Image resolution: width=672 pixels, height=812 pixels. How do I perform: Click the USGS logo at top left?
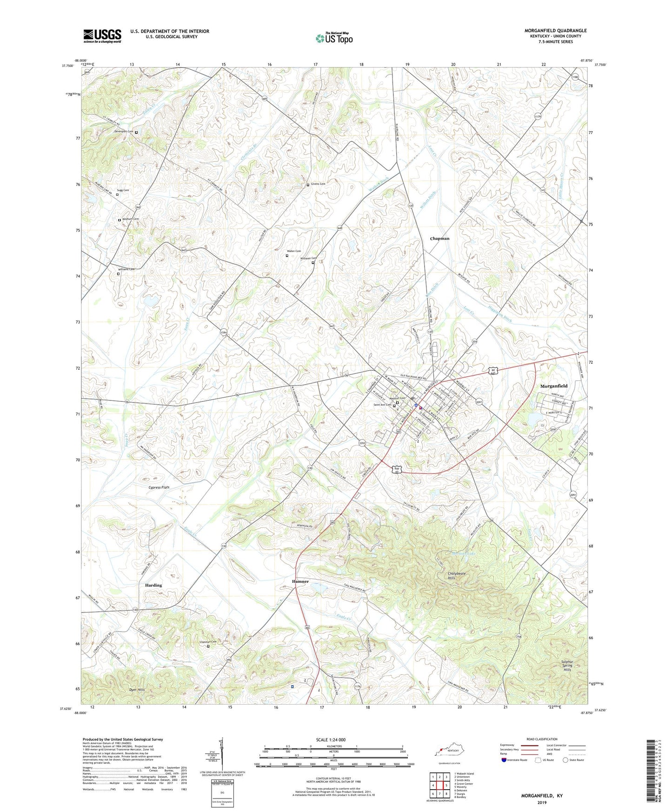pyautogui.click(x=102, y=35)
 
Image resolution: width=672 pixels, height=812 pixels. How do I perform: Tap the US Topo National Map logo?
pyautogui.click(x=334, y=38)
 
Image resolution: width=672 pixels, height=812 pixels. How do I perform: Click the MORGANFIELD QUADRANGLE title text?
pyautogui.click(x=555, y=31)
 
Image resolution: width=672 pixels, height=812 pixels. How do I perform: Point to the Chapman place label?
pyautogui.click(x=439, y=239)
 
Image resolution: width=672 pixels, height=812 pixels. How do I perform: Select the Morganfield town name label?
pyautogui.click(x=553, y=386)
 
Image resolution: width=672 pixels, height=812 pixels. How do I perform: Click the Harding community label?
pyautogui.click(x=153, y=585)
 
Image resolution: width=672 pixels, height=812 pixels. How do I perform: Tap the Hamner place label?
pyautogui.click(x=300, y=581)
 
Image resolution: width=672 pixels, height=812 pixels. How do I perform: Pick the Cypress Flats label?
pyautogui.click(x=159, y=487)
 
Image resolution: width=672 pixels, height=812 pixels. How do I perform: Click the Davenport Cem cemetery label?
pyautogui.click(x=124, y=132)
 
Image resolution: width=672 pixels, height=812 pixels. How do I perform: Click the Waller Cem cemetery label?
pyautogui.click(x=295, y=251)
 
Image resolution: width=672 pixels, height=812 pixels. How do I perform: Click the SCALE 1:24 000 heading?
pyautogui.click(x=331, y=739)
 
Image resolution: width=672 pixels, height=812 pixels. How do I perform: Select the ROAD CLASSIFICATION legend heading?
pyautogui.click(x=542, y=739)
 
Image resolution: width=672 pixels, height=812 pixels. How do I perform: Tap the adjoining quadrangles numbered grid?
pyautogui.click(x=439, y=785)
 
